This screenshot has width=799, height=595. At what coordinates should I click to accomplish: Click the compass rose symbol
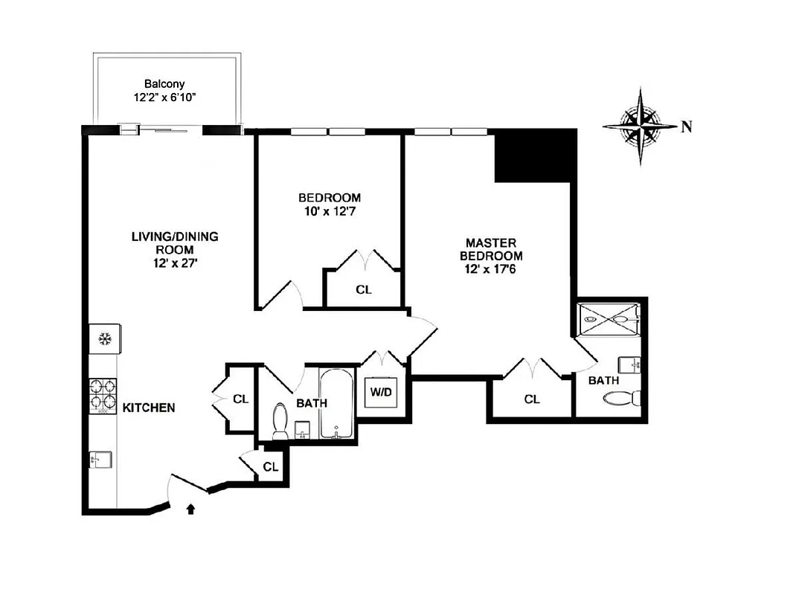[x=642, y=126]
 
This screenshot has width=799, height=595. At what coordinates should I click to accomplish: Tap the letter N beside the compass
[x=687, y=126]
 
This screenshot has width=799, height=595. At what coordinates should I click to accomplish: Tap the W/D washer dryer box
[x=382, y=393]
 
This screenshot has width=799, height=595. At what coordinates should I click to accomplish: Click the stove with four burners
[x=104, y=395]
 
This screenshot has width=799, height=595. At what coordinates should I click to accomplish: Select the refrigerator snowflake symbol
[x=104, y=340]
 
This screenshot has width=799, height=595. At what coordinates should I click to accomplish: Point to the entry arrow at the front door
[x=191, y=509]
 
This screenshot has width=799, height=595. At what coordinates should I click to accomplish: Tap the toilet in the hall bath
[x=281, y=420]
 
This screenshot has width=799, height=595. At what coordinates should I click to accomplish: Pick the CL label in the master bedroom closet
[x=531, y=399]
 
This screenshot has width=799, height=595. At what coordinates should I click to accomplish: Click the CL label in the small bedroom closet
[x=363, y=290]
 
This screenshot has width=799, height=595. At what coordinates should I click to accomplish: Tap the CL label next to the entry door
[x=271, y=467]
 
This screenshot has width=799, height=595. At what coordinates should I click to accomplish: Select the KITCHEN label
[x=149, y=408]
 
